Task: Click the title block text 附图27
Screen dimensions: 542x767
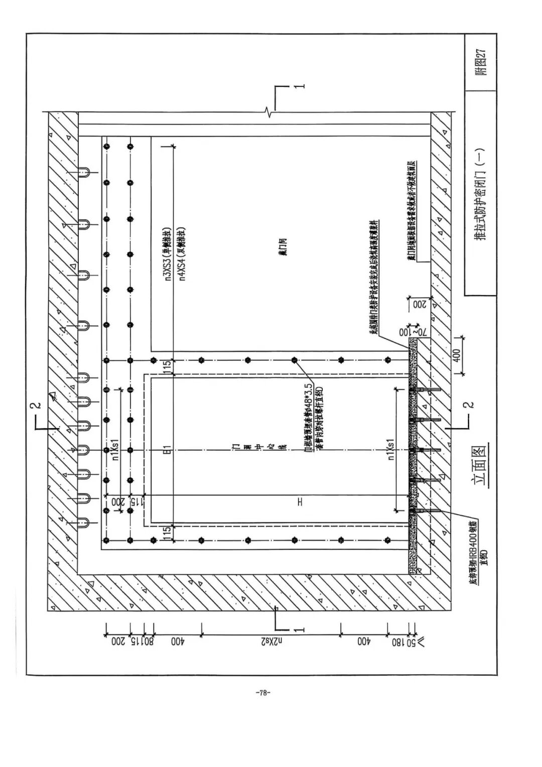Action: (x=481, y=62)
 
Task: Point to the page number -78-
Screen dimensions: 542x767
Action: (x=263, y=693)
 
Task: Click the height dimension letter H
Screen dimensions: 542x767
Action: (x=300, y=501)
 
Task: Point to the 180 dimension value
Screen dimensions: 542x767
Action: (x=400, y=641)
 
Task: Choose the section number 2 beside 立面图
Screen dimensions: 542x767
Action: (x=469, y=405)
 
